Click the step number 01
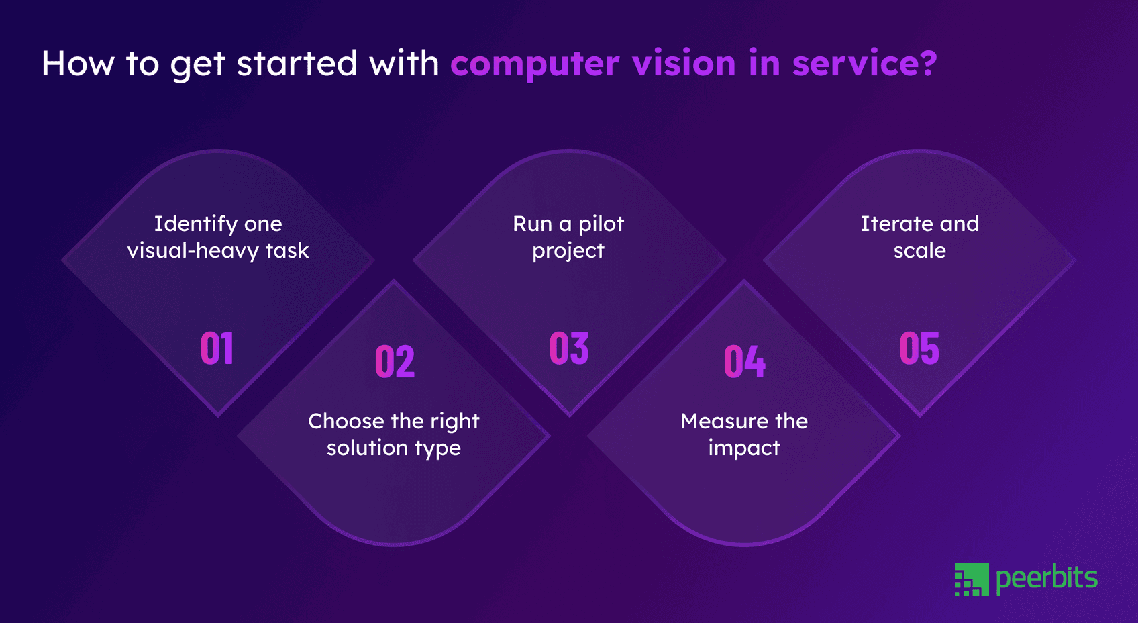pyautogui.click(x=217, y=348)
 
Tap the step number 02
pyautogui.click(x=395, y=362)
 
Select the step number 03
pyautogui.click(x=569, y=348)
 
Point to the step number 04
pyautogui.click(x=744, y=362)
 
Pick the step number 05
pyautogui.click(x=919, y=348)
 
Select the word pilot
pyautogui.click(x=601, y=224)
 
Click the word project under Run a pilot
pyautogui.click(x=568, y=252)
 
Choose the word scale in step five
pyautogui.click(x=919, y=251)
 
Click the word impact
pyautogui.click(x=744, y=448)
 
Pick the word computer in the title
pyautogui.click(x=535, y=64)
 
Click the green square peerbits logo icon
pyautogui.click(x=972, y=579)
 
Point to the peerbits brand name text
pyautogui.click(x=1047, y=578)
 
